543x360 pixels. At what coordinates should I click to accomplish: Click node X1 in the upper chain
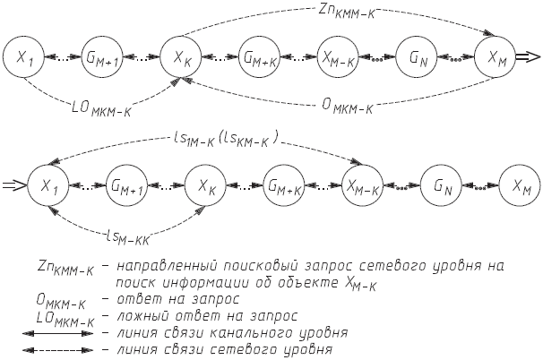click(x=25, y=58)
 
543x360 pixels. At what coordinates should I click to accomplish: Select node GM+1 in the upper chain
click(x=103, y=58)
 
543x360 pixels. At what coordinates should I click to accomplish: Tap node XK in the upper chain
click(x=181, y=58)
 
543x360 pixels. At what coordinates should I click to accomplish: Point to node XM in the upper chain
click(x=496, y=58)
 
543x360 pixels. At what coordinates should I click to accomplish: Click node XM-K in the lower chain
click(x=362, y=186)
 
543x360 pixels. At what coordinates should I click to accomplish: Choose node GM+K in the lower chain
click(x=284, y=186)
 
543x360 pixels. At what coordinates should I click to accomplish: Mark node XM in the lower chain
click(x=520, y=186)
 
